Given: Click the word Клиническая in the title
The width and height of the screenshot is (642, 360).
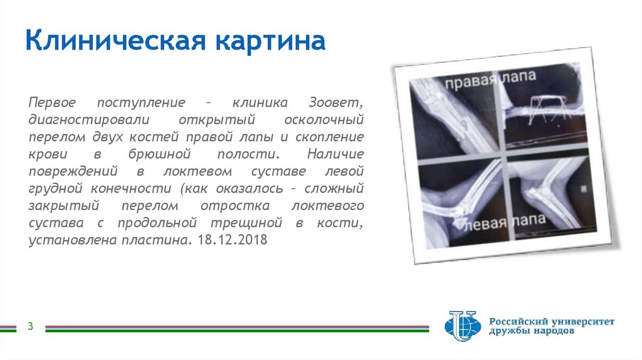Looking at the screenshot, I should click(x=117, y=42).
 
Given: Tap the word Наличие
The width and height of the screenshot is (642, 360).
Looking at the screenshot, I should click(x=336, y=154).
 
